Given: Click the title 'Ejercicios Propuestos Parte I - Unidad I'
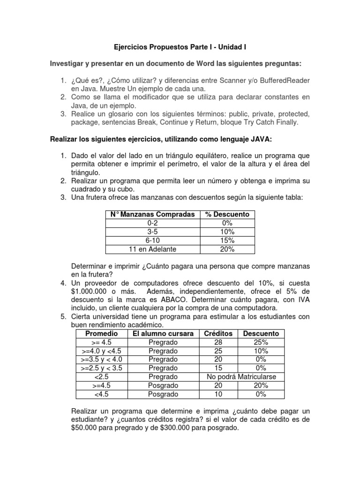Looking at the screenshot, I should pos(180,47).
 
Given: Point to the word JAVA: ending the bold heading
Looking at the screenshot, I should pos(268,139).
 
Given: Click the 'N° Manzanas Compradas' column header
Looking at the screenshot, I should pos(152,214).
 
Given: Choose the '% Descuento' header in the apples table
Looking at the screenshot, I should pos(227,214).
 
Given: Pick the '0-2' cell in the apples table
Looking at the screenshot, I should pos(152,223).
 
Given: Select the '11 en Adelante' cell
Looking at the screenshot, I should pos(152,249).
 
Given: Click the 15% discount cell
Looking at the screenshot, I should pos(227,240).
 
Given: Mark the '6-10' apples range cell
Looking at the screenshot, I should pos(152,240).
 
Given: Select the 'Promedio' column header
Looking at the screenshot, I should pos(102,333).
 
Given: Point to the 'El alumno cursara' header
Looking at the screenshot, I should pos(163,333).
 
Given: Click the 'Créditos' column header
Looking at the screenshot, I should pos(218,333).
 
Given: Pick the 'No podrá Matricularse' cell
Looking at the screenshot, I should pos(241,376).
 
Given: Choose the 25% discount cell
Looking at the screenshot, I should pos(261,342).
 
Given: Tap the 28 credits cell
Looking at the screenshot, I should pos(218,342).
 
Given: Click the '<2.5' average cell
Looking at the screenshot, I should pos(102,376).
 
